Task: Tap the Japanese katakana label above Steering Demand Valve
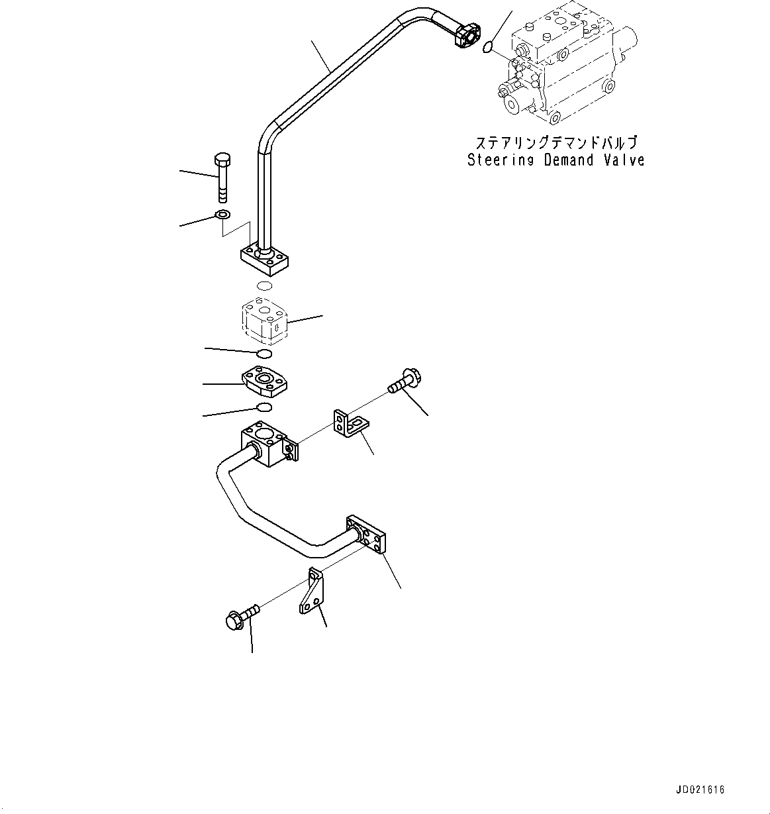pyautogui.click(x=555, y=143)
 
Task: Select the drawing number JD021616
pyautogui.click(x=700, y=790)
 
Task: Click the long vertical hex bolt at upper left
pyautogui.click(x=222, y=177)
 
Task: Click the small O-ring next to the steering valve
pyautogui.click(x=487, y=47)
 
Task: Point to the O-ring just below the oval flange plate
pyautogui.click(x=264, y=407)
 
